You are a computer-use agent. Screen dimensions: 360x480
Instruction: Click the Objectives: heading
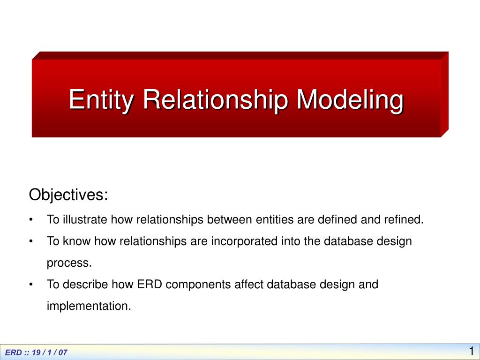[68, 195]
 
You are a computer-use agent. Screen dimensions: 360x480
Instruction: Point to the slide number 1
[471, 351]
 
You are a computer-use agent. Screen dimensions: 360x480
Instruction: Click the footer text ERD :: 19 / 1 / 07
[37, 352]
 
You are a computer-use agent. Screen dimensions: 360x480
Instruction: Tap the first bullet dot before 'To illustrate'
[31, 220]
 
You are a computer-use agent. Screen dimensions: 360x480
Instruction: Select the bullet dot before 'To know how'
[31, 242]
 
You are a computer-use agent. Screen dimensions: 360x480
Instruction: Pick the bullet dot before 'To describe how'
[31, 285]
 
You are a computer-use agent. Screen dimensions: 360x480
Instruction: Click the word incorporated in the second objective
[241, 241]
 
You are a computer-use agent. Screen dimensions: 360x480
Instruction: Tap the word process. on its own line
[69, 263]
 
